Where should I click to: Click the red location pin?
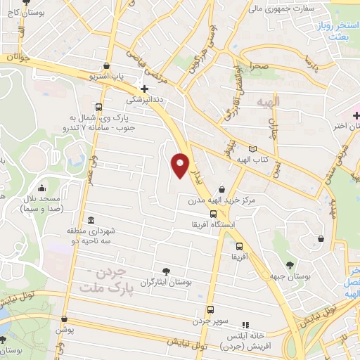coord(181,165)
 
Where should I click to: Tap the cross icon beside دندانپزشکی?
coord(144,89)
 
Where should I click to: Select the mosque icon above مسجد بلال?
coord(42,188)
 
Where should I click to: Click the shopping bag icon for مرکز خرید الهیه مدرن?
coord(222,189)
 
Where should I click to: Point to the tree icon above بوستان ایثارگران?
coord(166,270)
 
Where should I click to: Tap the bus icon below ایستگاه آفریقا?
coord(240,246)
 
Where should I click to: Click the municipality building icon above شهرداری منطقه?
coord(91,220)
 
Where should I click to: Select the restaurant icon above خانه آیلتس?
coord(245,325)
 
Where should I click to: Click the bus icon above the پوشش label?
coord(64,319)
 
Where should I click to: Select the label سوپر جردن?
coord(211,321)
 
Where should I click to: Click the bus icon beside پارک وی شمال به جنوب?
coord(98,108)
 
